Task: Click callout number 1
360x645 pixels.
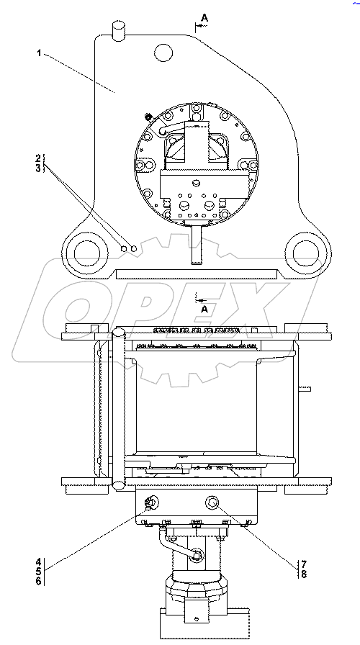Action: (39, 53)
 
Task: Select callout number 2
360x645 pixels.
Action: (38, 158)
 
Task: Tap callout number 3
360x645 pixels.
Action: (38, 168)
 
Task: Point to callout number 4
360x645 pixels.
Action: (37, 561)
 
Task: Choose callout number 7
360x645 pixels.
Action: (304, 563)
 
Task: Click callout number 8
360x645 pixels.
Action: (304, 574)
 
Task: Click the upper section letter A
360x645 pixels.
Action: (204, 17)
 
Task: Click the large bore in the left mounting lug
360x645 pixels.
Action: (87, 253)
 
